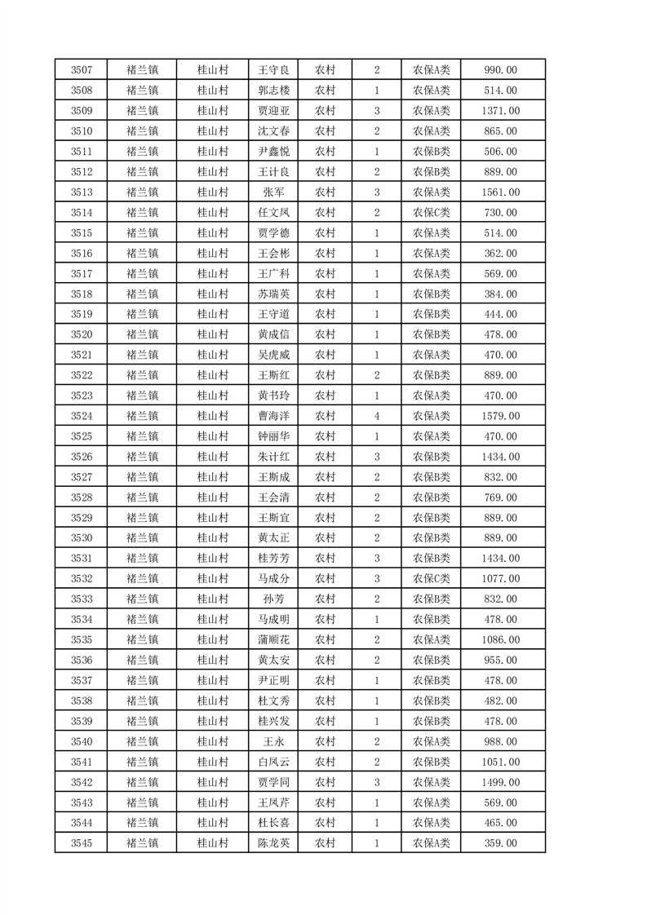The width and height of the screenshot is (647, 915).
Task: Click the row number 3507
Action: pos(82,70)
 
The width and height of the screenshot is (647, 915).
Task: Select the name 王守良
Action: pos(273,70)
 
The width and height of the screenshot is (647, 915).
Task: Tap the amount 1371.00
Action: pos(501,111)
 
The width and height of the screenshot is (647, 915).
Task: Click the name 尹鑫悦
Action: pos(273,152)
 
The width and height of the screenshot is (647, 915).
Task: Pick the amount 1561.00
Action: pos(501,192)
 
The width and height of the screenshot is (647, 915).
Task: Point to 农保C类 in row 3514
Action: pos(431,213)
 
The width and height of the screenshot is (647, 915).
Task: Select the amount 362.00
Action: pos(501,254)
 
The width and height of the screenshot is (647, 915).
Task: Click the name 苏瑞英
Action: pos(273,294)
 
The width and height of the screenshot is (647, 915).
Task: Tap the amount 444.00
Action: pos(501,315)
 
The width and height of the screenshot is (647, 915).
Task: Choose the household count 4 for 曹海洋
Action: pos(377,416)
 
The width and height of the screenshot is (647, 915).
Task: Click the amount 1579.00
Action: pos(501,416)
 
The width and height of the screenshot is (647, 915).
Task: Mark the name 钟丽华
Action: pos(273,436)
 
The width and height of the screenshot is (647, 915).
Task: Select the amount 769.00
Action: pos(501,497)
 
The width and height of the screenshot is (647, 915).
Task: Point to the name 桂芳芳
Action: pos(273,559)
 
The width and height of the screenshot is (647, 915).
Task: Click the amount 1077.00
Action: pos(501,579)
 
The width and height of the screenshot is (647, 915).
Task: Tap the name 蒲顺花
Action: pos(273,640)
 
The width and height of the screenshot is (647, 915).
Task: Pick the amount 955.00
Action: pos(501,661)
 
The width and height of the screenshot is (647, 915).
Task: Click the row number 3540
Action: pos(82,741)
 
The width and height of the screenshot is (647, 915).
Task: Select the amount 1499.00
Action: pos(501,782)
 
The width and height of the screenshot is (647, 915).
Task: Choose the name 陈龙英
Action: pos(273,843)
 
